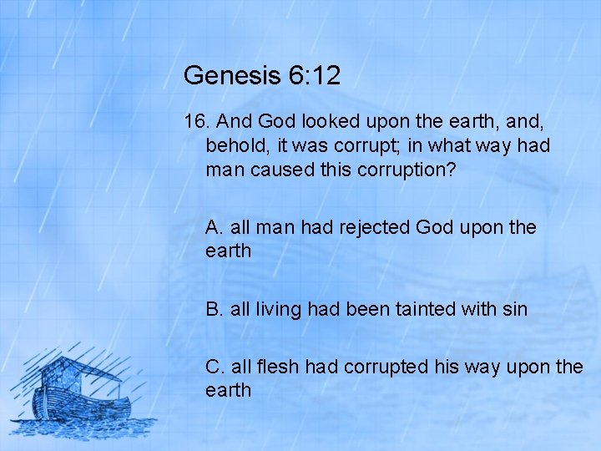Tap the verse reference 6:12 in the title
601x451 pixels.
point(316,76)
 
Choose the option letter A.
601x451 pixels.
point(213,227)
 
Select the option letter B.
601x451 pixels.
point(213,309)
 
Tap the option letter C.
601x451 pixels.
point(214,366)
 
